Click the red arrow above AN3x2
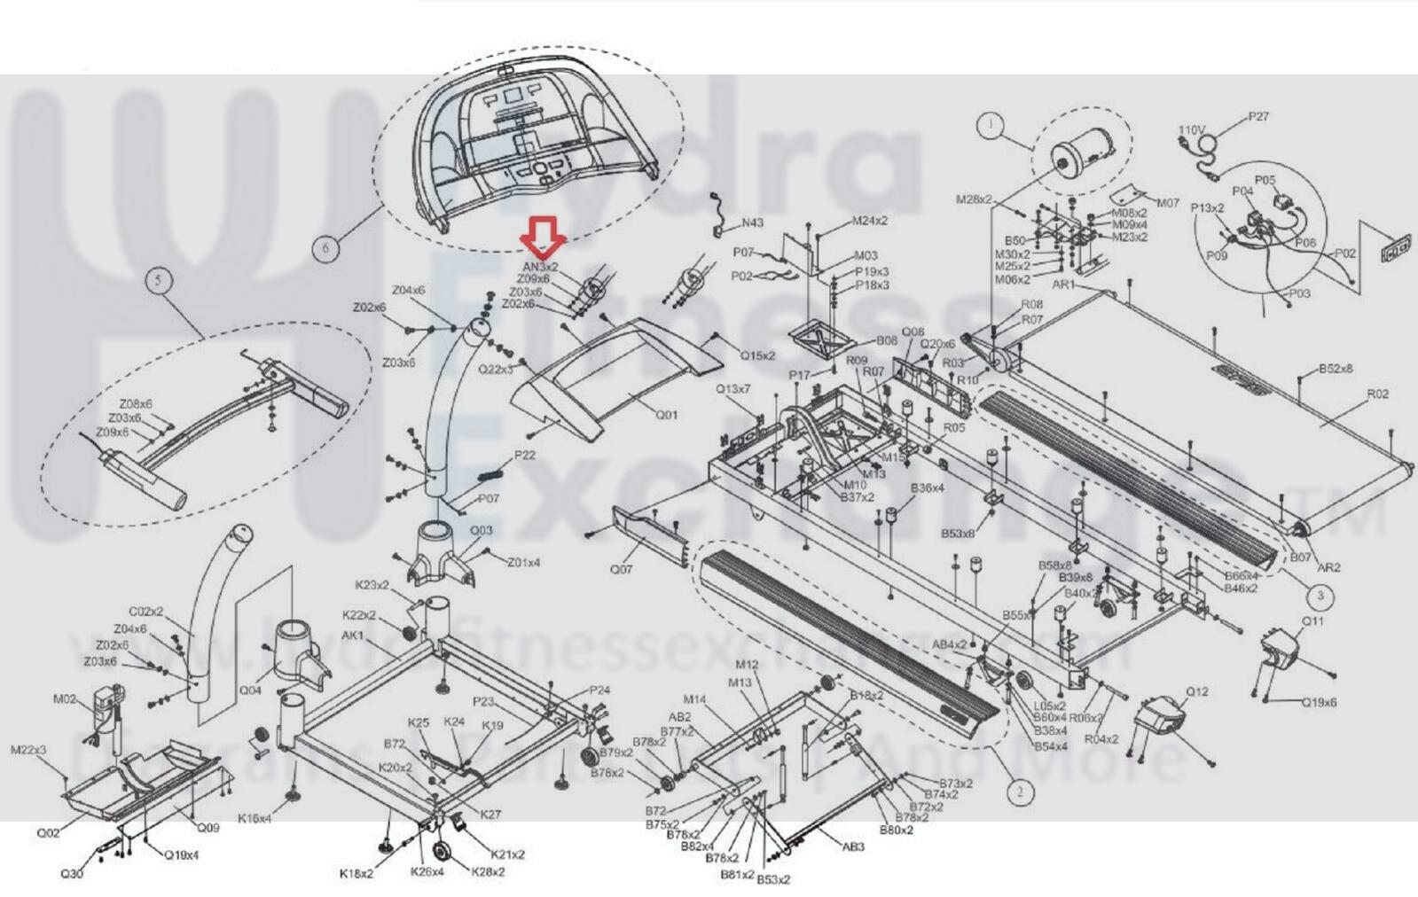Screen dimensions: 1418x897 coord(542,238)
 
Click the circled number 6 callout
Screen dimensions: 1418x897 coord(325,247)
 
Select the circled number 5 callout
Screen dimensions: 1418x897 coord(159,281)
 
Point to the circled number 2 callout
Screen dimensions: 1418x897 coord(1020,792)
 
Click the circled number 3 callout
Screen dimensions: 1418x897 coord(1320,595)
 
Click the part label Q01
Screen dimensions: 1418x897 coord(666,415)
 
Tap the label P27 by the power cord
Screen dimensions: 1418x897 coord(1258,116)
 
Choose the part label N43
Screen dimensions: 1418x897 coord(753,223)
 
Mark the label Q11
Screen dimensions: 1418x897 coord(1312,621)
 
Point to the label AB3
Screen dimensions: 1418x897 coord(852,846)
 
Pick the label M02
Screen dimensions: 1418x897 coord(65,699)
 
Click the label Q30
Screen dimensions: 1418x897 coord(72,873)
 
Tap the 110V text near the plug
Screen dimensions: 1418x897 coord(1192,130)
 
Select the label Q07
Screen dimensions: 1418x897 coord(622,569)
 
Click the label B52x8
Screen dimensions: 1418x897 coord(1336,369)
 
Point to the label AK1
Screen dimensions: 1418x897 coord(352,636)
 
